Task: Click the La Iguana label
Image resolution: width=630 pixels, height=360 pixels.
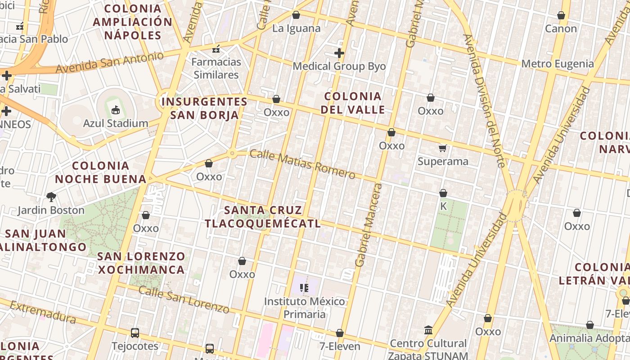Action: [x=296, y=28]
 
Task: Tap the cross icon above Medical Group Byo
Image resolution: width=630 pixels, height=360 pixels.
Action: [x=339, y=54]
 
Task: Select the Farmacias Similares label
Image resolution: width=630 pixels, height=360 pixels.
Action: [x=216, y=68]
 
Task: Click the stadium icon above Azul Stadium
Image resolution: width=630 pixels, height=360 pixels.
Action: [x=116, y=110]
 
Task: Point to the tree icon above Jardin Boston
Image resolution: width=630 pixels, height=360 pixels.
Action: [x=51, y=197]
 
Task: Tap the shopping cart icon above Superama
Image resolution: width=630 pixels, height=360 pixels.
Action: [x=443, y=148]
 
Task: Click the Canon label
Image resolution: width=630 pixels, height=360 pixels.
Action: [x=561, y=28]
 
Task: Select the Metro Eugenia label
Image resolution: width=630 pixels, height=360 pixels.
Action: [x=558, y=63]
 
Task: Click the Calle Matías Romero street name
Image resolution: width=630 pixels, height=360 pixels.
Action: [x=302, y=164]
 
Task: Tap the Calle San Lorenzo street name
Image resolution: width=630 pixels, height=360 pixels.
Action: [x=184, y=299]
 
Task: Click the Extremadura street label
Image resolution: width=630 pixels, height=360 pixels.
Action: [x=43, y=312]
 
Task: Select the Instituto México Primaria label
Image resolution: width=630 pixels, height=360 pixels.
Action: [x=305, y=308]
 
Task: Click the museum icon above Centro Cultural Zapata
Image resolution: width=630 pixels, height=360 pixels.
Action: [x=428, y=330]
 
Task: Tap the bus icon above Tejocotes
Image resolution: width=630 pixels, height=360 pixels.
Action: [x=135, y=333]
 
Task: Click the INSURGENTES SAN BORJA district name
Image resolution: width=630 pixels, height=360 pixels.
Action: [x=205, y=108]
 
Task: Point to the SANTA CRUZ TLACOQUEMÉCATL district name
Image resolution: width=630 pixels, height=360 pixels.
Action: [x=263, y=216]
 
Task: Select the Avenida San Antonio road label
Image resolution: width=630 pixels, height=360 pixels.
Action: [x=110, y=63]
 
